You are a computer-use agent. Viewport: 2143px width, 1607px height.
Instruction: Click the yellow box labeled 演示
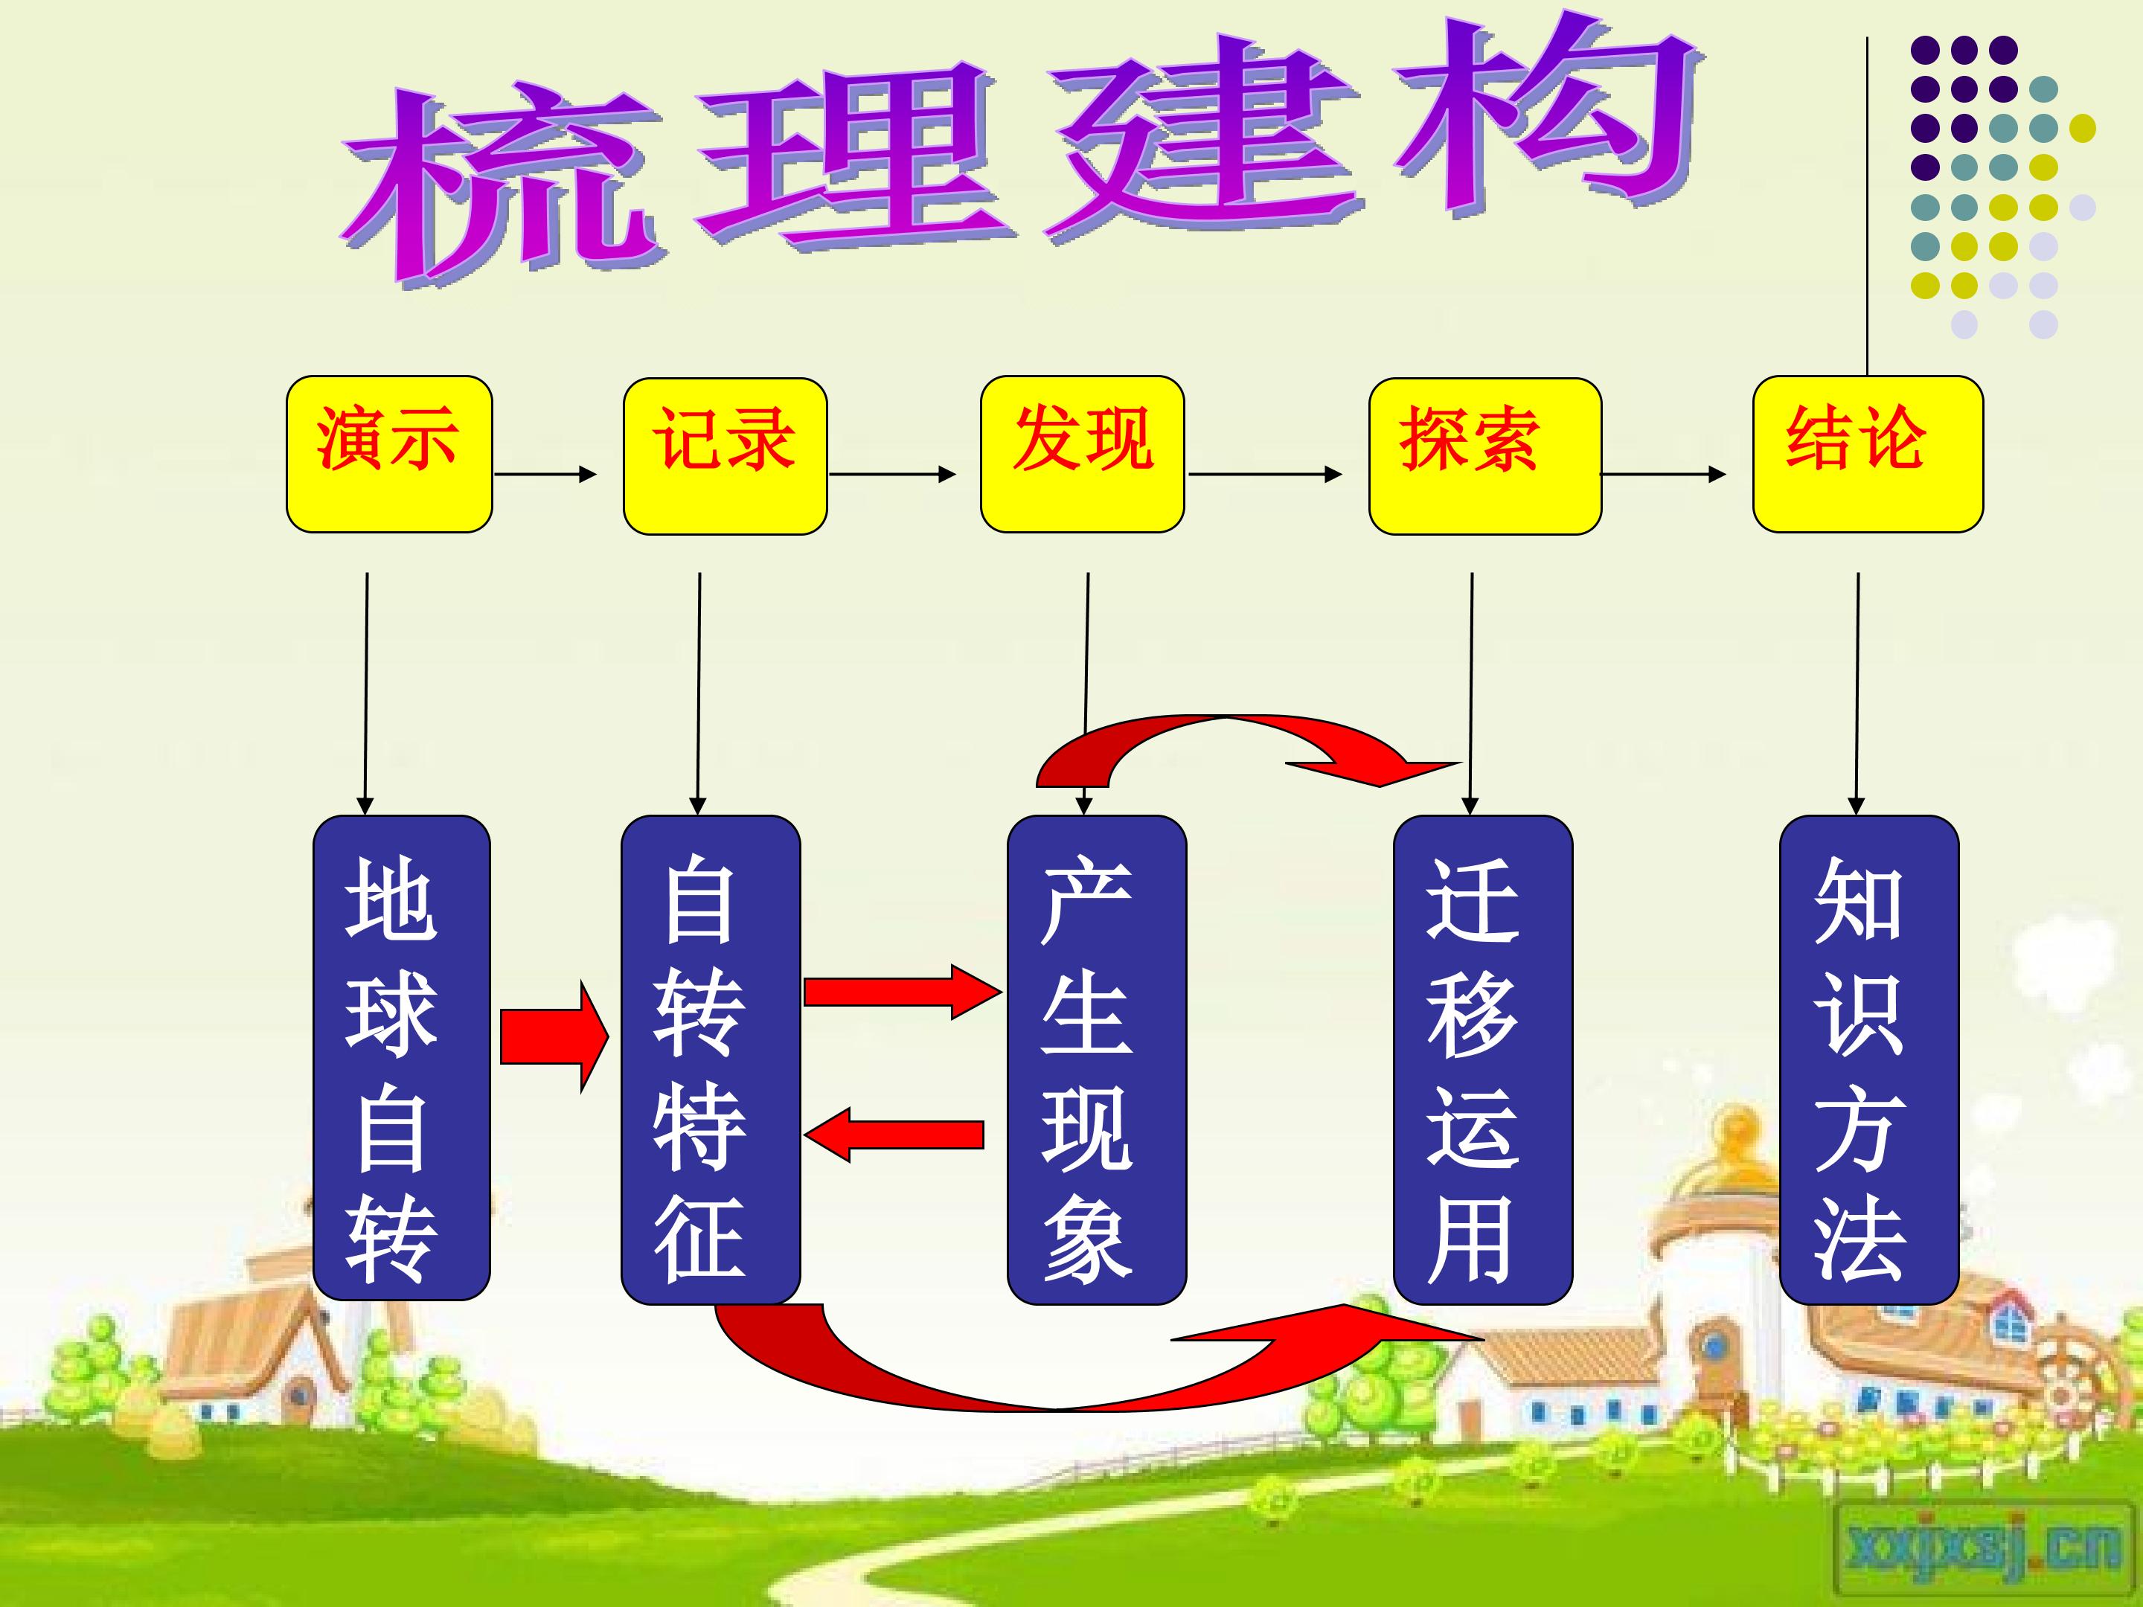389,455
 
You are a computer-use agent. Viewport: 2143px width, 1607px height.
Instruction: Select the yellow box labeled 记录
725,455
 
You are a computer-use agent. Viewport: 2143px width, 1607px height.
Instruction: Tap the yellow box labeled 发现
1082,455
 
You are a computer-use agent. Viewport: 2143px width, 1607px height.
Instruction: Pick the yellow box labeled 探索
1484,455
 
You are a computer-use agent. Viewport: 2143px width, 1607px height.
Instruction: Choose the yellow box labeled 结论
1868,455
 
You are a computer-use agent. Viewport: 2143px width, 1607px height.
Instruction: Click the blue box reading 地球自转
401,1058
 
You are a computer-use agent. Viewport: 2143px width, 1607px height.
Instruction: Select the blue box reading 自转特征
710,1059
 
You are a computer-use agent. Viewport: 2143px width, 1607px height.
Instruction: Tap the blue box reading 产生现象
1097,1059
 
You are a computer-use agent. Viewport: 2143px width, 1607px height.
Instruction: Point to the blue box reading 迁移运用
1482,1059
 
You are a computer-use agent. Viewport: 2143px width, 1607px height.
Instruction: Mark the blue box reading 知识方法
1869,1059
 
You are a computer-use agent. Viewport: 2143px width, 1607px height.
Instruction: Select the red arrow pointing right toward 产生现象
902,991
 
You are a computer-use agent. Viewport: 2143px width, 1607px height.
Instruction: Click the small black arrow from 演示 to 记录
545,474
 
